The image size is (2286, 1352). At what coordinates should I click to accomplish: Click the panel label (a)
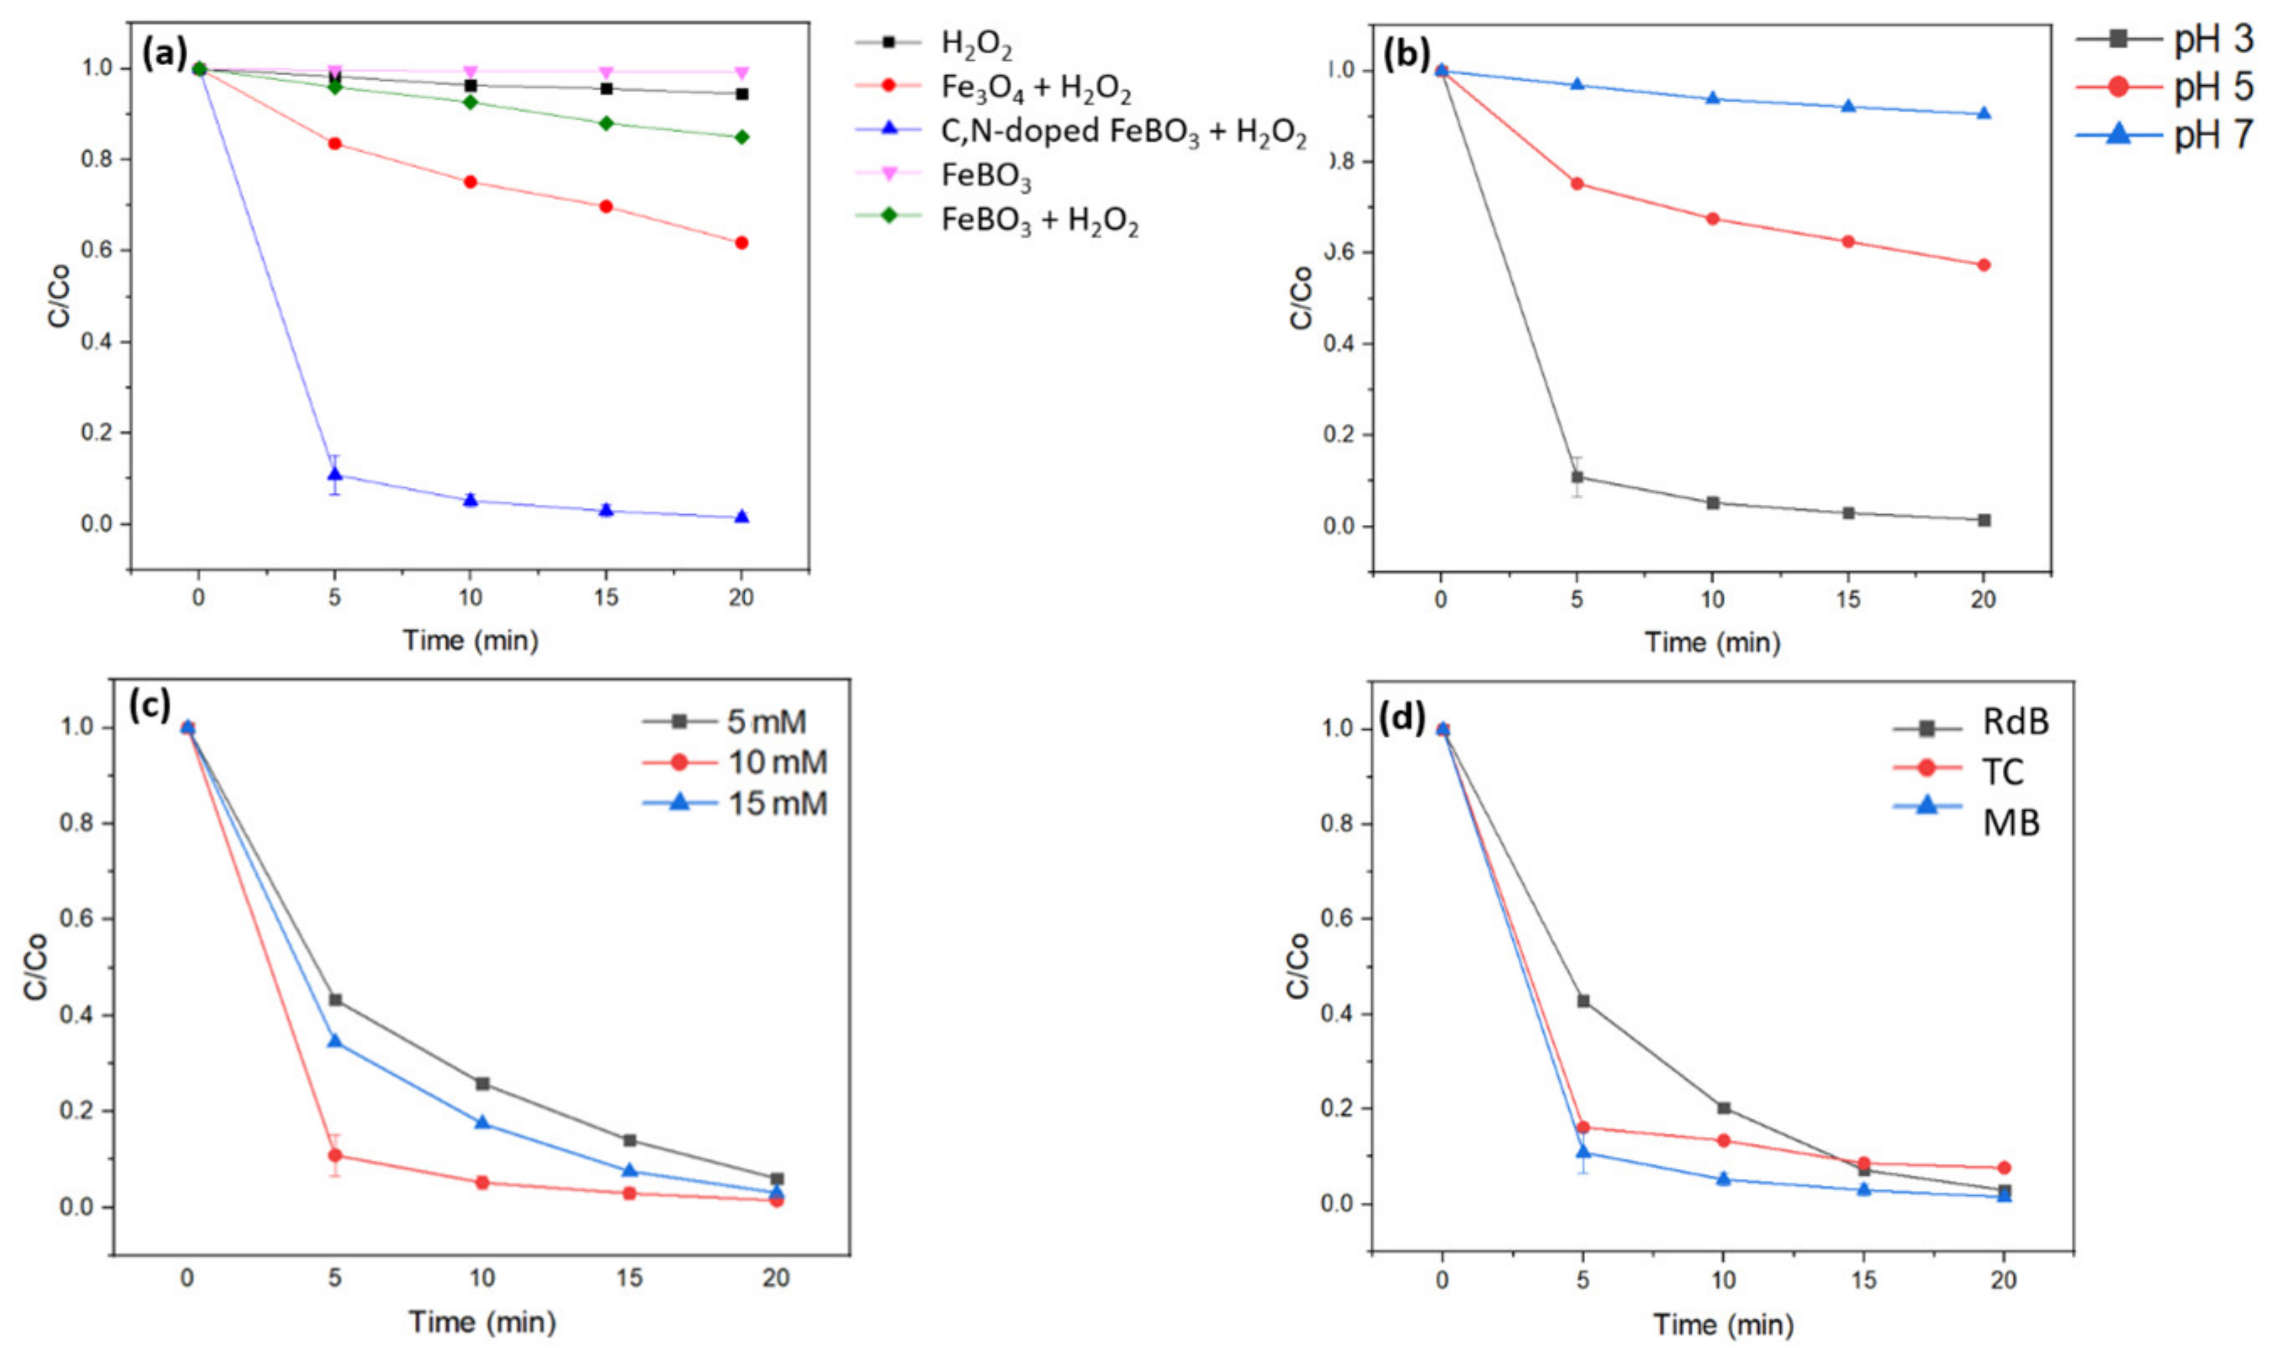165,54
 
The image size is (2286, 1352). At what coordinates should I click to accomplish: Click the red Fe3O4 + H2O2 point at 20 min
741,242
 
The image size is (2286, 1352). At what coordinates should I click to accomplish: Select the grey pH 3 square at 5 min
1577,477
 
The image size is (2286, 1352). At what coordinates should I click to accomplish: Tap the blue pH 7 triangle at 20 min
1984,114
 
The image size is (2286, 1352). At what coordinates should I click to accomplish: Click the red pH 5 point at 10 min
1713,219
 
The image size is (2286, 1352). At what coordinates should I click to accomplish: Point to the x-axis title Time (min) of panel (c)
481,1321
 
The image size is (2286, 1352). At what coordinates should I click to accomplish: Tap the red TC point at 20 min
2004,1167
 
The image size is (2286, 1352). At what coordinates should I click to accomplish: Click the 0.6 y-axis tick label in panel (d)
1335,918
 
